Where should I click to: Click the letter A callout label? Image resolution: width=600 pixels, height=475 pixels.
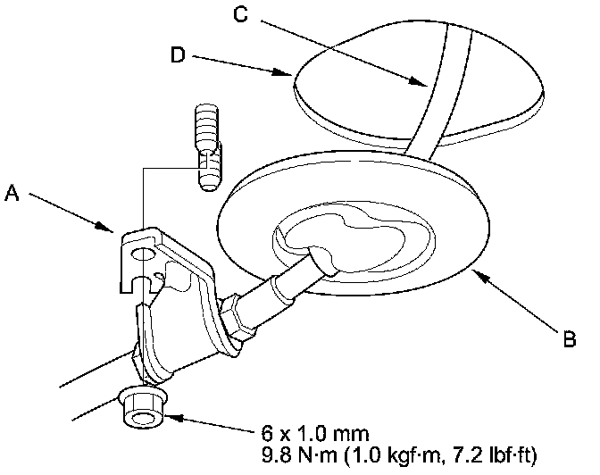click(12, 190)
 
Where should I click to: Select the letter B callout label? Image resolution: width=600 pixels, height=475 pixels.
click(569, 338)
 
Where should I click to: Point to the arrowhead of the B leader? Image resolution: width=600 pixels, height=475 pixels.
click(479, 272)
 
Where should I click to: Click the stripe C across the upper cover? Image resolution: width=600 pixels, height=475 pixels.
click(446, 85)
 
